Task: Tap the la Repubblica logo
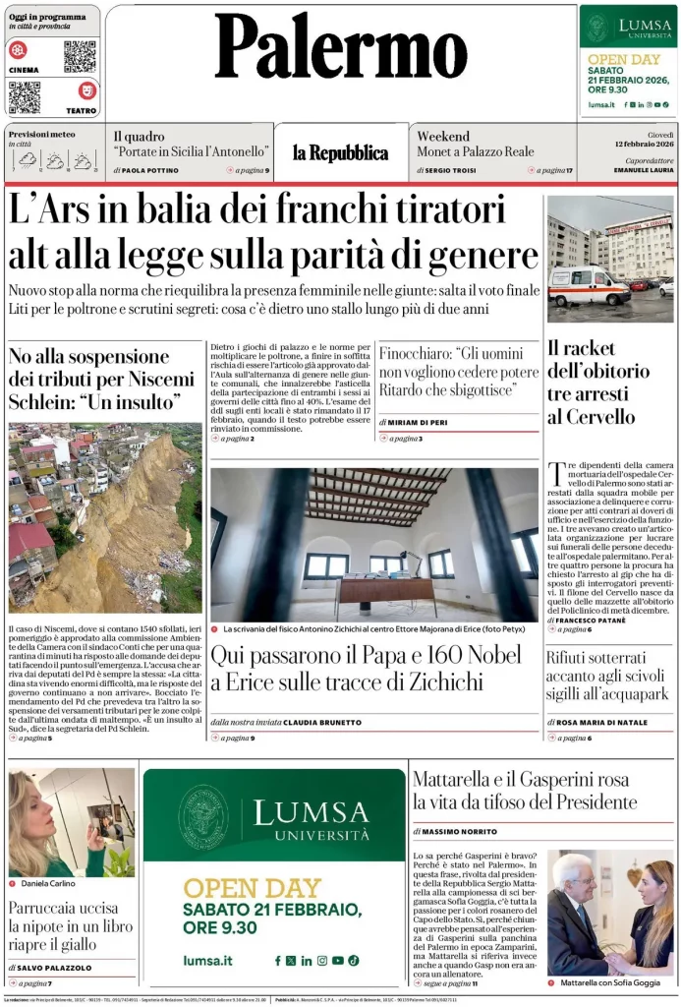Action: coord(340,152)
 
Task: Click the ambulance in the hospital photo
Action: coord(589,286)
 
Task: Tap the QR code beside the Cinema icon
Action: coord(80,57)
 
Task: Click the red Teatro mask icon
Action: coord(86,90)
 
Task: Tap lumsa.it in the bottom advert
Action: coord(207,960)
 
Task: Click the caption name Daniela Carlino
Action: coord(48,884)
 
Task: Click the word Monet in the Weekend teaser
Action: coord(438,152)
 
